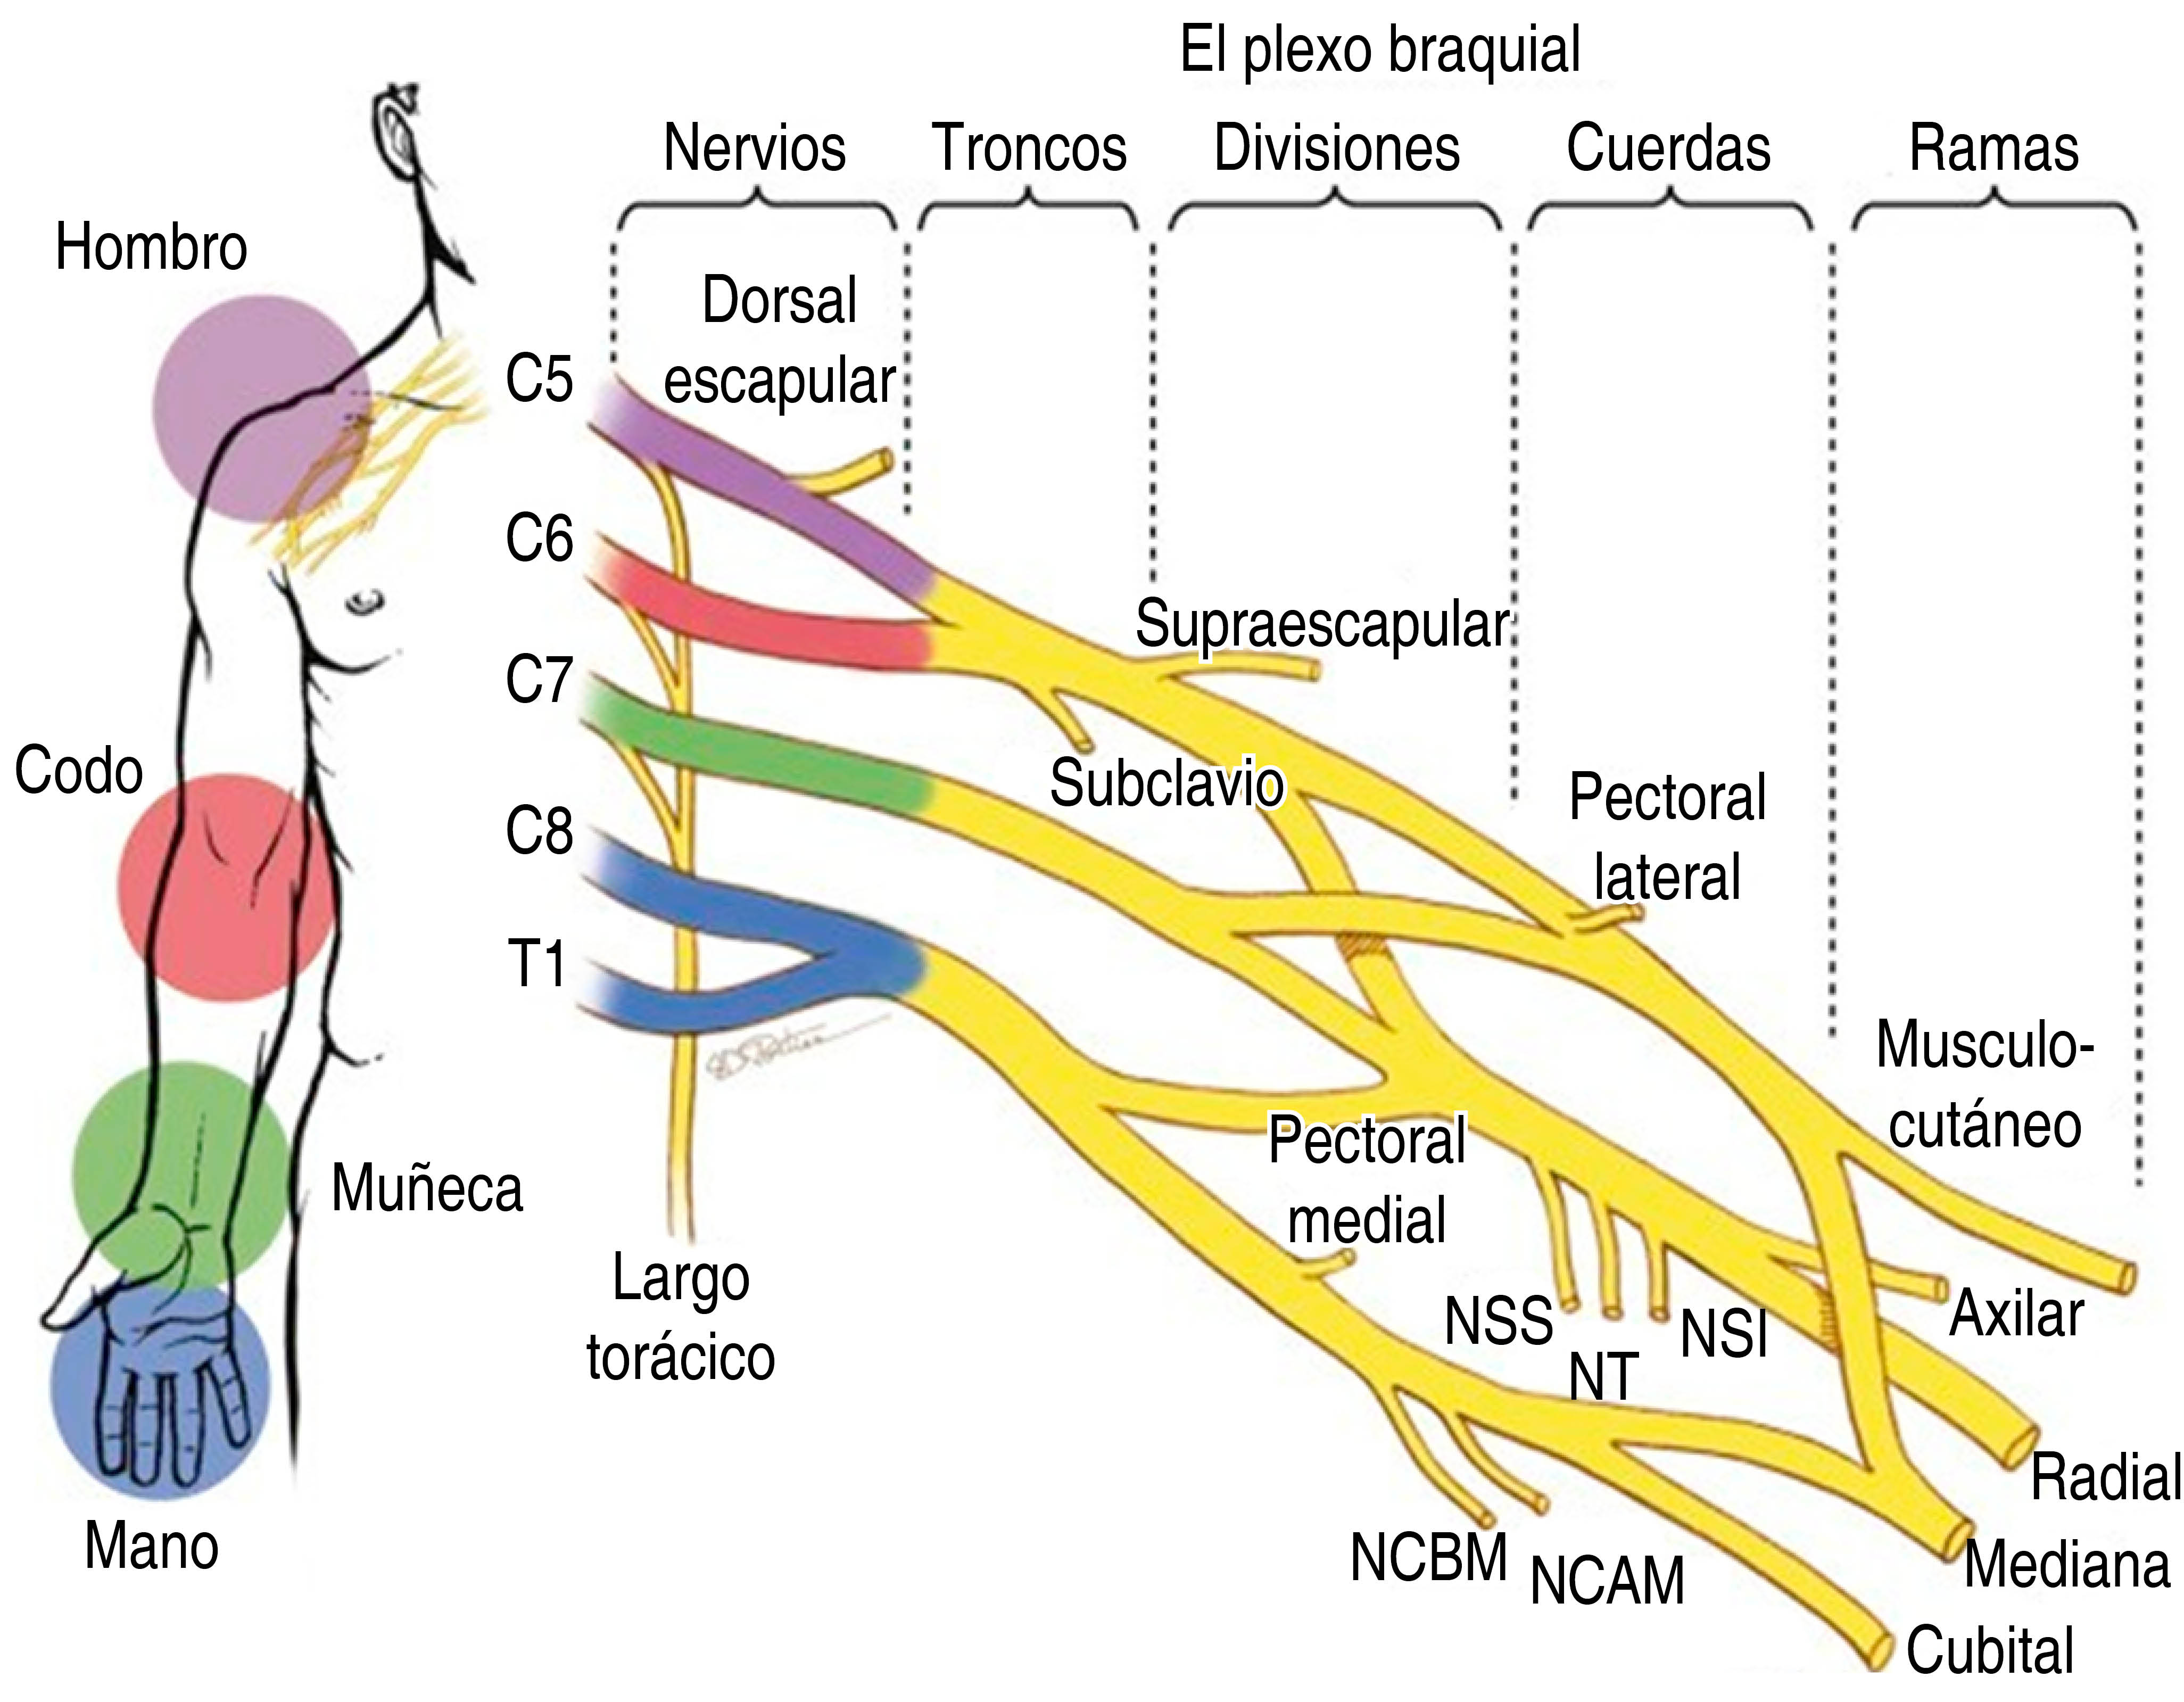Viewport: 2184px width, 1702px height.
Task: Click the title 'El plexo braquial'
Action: [1380, 50]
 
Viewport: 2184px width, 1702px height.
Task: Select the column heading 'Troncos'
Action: [1029, 148]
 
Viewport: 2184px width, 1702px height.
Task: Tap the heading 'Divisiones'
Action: [1336, 148]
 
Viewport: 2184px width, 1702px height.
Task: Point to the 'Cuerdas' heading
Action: [1668, 148]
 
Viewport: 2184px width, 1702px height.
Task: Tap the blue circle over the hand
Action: [160, 1390]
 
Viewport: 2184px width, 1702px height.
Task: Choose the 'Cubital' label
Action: [1990, 1650]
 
